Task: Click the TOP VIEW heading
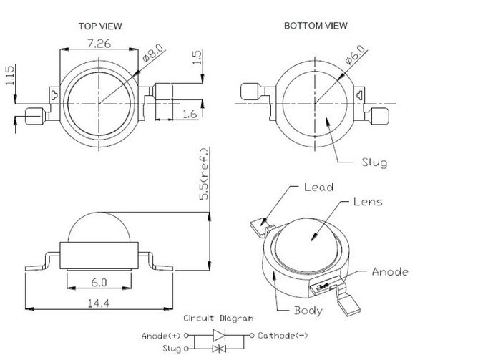pyautogui.click(x=100, y=26)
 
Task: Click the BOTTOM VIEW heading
pyautogui.click(x=316, y=26)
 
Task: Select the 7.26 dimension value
pyautogui.click(x=99, y=44)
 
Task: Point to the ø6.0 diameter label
pyautogui.click(x=355, y=54)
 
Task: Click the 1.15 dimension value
pyautogui.click(x=9, y=75)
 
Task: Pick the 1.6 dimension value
pyautogui.click(x=190, y=114)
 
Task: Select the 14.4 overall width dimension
pyautogui.click(x=99, y=303)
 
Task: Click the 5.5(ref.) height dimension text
pyautogui.click(x=204, y=174)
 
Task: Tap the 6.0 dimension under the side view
pyautogui.click(x=99, y=282)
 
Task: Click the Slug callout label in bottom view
pyautogui.click(x=374, y=162)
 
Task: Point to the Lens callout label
pyautogui.click(x=368, y=202)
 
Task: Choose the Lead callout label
pyautogui.click(x=319, y=187)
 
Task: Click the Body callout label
pyautogui.click(x=308, y=310)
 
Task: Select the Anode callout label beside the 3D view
pyautogui.click(x=390, y=271)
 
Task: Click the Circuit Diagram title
pyautogui.click(x=218, y=318)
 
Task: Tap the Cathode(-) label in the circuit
pyautogui.click(x=283, y=336)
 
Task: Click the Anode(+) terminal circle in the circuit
pyautogui.click(x=186, y=336)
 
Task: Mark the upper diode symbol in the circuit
pyautogui.click(x=219, y=335)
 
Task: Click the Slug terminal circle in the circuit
pyautogui.click(x=186, y=349)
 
